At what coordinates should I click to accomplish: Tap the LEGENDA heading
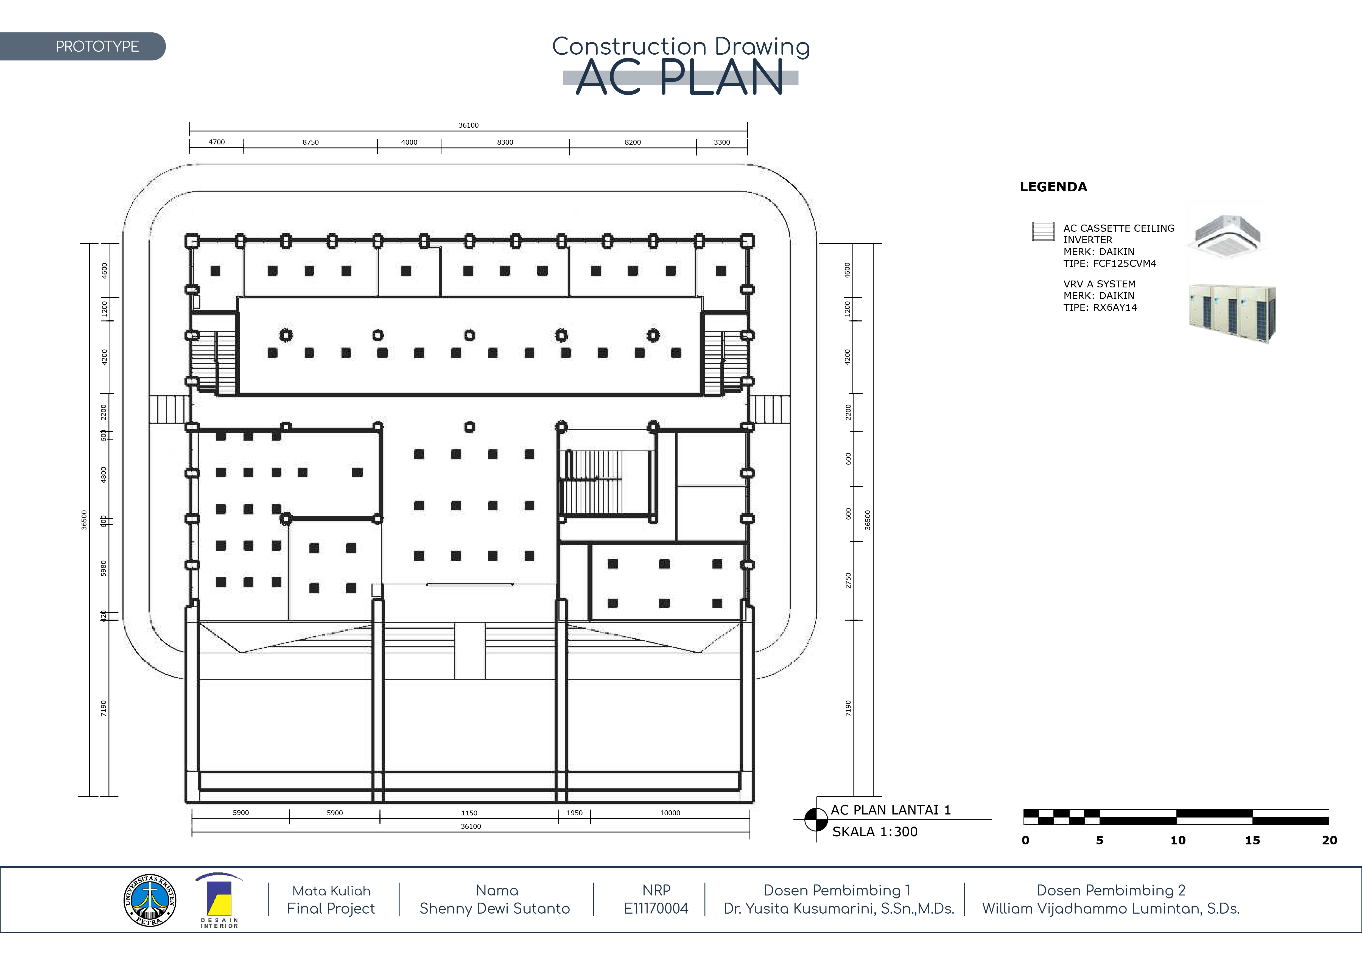click(1053, 187)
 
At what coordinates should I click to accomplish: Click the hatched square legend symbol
click(1044, 231)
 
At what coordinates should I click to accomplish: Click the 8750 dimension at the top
click(310, 142)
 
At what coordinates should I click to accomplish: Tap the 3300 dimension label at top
click(721, 142)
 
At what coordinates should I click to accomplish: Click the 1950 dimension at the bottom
click(574, 813)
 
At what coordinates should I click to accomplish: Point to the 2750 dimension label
click(848, 581)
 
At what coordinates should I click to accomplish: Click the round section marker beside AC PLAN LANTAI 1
click(816, 820)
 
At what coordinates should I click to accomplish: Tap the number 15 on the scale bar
click(1252, 840)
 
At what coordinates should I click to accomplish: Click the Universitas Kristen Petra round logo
click(149, 900)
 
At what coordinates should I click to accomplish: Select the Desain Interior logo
click(219, 900)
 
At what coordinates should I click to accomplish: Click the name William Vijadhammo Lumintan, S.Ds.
click(1111, 908)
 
